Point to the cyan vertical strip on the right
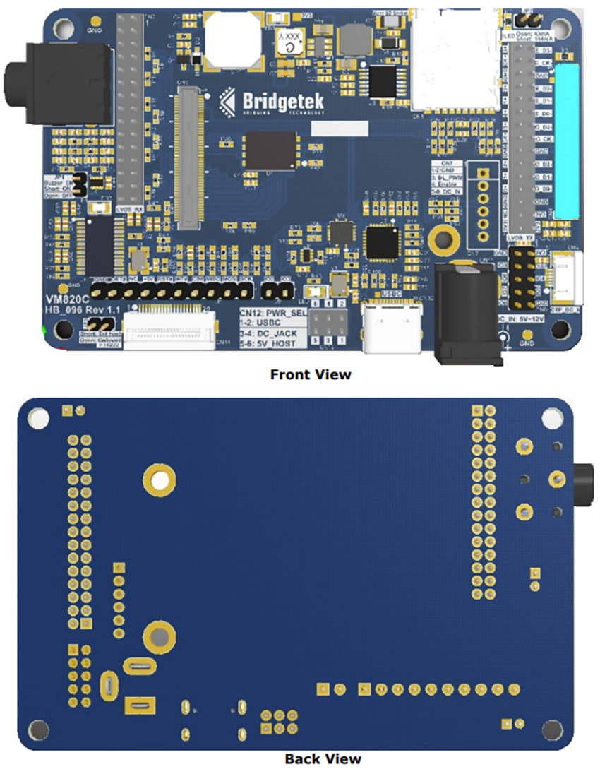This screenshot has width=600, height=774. click(566, 141)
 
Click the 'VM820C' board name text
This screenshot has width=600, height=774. click(68, 299)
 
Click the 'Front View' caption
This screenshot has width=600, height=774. click(310, 374)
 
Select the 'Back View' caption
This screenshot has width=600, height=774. click(323, 759)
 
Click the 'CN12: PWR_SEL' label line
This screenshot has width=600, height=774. click(273, 311)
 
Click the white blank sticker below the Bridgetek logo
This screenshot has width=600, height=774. click(340, 128)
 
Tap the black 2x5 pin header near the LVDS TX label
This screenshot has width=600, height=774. click(527, 278)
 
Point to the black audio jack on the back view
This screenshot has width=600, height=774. click(584, 480)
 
